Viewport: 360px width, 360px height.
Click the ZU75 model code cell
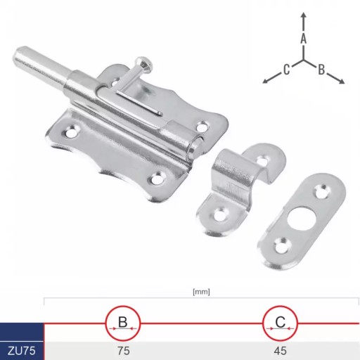point(22,351)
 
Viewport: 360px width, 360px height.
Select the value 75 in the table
point(124,351)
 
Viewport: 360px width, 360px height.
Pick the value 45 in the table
point(281,351)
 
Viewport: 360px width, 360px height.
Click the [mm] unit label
point(201,292)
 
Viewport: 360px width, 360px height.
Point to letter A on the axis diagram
point(304,39)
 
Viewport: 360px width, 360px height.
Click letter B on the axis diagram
point(321,70)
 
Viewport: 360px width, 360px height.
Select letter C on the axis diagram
point(286,70)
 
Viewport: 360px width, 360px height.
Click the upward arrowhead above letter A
point(304,15)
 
